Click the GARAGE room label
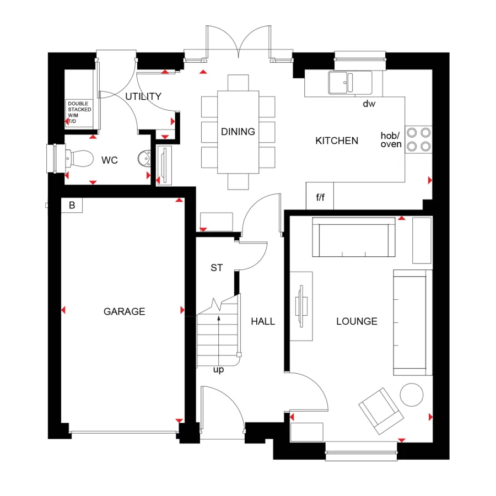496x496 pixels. [124, 311]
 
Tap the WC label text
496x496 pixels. [109, 160]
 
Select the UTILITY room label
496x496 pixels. [143, 96]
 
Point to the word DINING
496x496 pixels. [238, 132]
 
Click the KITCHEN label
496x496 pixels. [336, 141]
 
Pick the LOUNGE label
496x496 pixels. [357, 321]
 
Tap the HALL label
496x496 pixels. [263, 321]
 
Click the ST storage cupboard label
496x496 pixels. [217, 268]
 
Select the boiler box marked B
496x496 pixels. [72, 206]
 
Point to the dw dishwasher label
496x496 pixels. [369, 104]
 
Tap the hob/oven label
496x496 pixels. [391, 140]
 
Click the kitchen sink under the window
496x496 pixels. [350, 83]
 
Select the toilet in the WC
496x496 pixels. [77, 159]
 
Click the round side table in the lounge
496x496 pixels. [411, 394]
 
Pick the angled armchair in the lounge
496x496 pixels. [380, 409]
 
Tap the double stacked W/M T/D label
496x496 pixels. [79, 112]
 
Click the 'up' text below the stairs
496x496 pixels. [218, 370]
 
